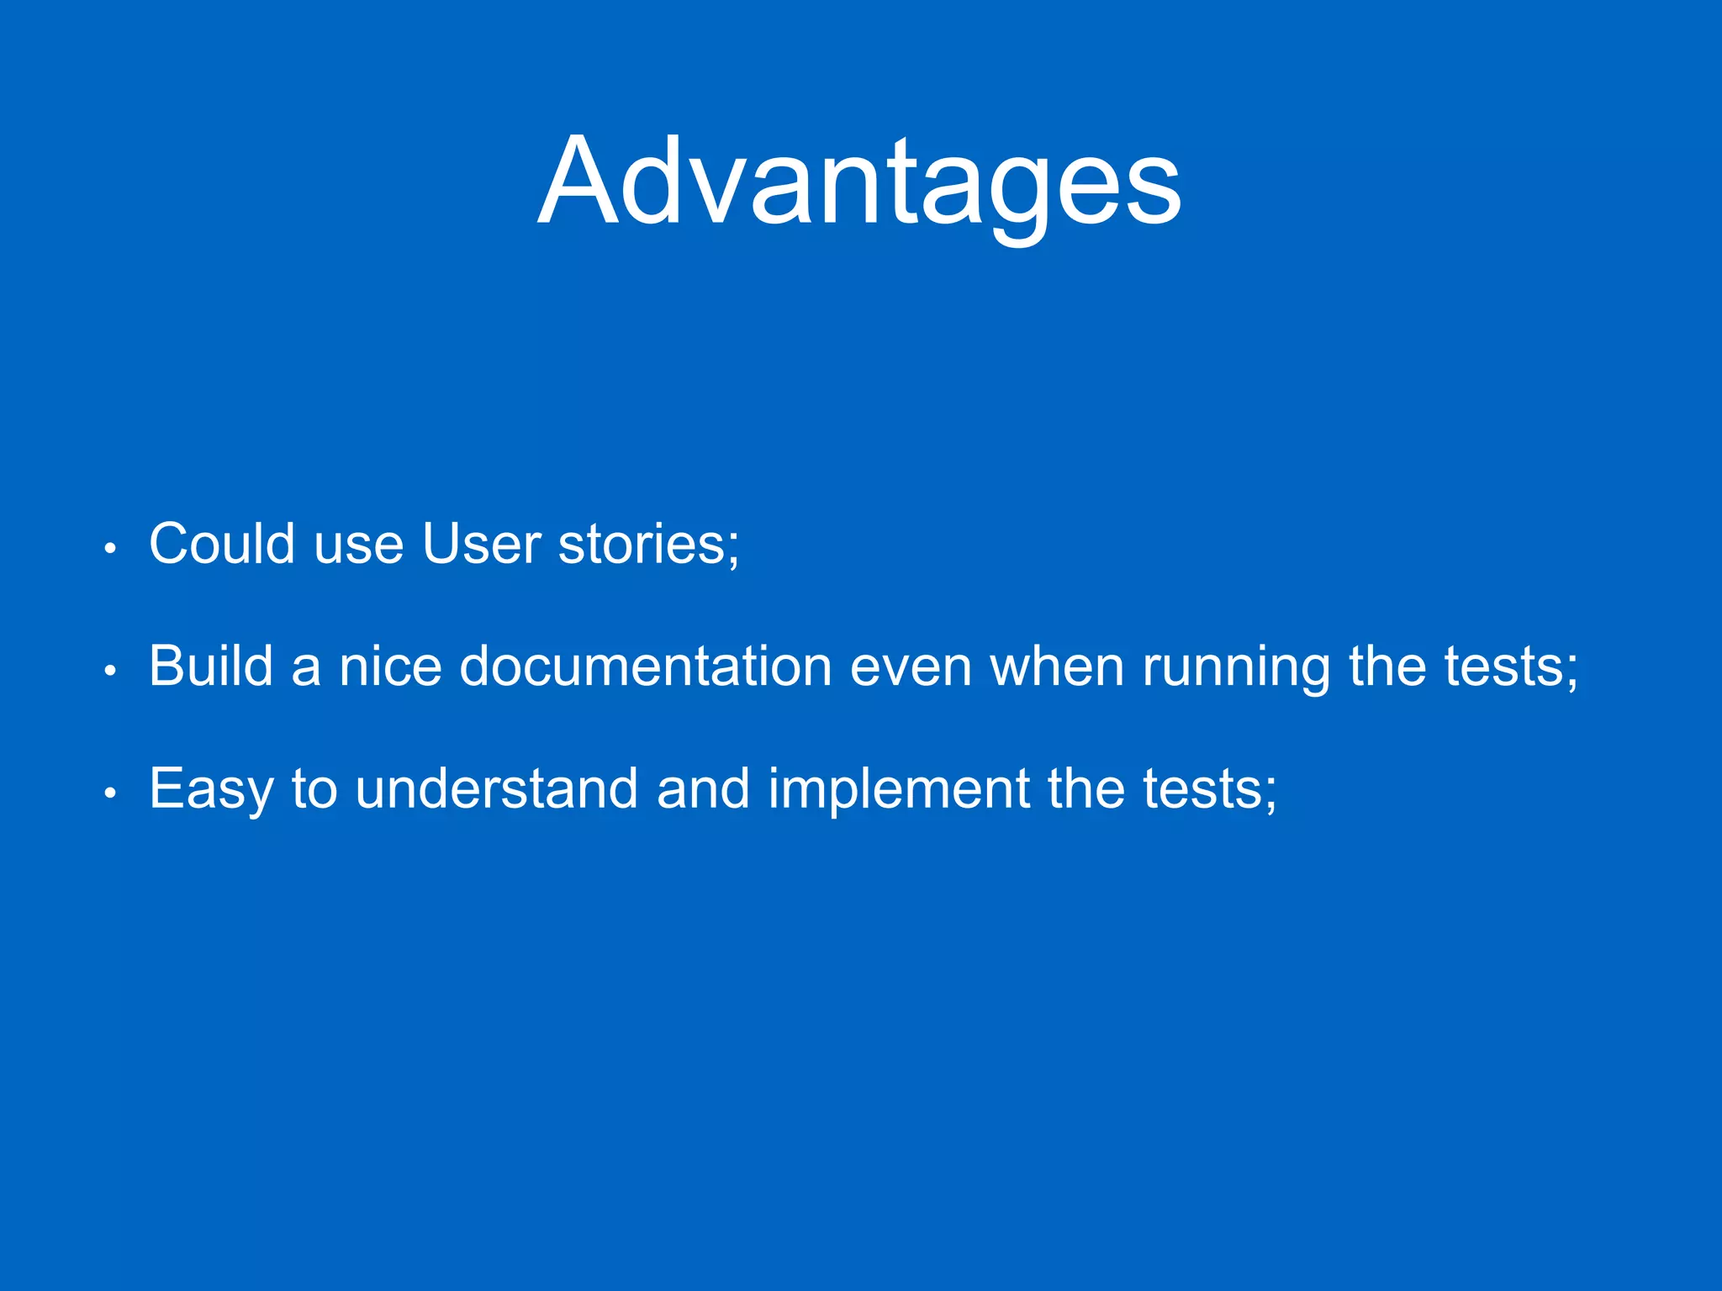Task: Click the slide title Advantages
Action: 859,182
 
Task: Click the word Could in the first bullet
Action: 222,544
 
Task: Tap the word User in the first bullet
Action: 481,544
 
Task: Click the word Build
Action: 211,667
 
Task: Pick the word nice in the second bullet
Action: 390,667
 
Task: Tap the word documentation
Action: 646,667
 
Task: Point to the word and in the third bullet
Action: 703,789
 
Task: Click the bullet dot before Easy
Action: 109,793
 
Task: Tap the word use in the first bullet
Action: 358,545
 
